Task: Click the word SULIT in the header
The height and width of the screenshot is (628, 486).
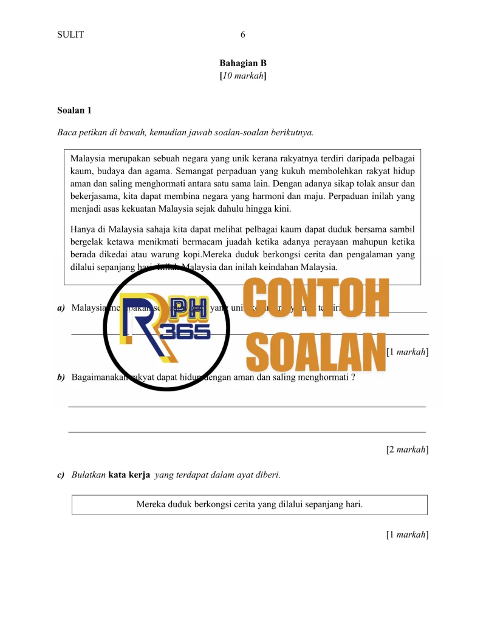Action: pos(70,35)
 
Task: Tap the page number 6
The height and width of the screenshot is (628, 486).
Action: pos(243,35)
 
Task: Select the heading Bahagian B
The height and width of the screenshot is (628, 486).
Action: pos(243,63)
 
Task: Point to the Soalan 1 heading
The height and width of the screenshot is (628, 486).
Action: pos(74,110)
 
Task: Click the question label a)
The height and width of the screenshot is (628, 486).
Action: pos(61,308)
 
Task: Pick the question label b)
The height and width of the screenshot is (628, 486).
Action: pos(61,377)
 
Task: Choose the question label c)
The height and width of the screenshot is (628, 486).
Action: pos(61,475)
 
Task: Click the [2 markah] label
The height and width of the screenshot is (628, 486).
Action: pos(407,450)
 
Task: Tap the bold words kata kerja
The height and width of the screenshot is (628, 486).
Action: pos(130,475)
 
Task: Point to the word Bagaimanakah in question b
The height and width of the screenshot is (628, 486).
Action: pos(101,377)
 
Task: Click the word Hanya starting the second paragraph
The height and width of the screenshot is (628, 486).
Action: pos(83,229)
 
